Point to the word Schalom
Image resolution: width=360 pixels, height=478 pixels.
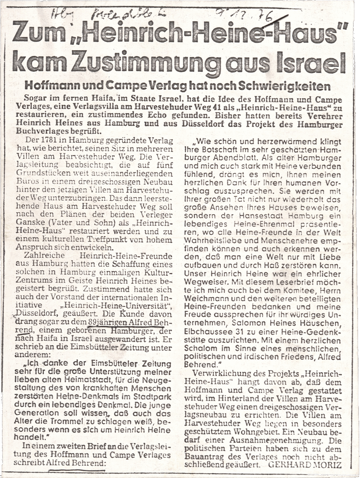(205, 348)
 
